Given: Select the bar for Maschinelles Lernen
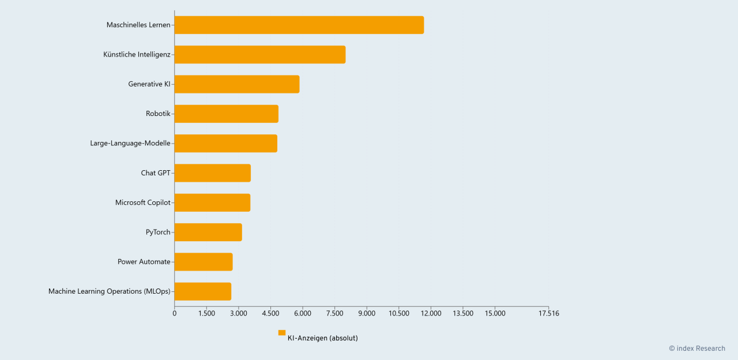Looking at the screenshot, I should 299,25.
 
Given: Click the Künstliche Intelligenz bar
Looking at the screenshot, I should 259,54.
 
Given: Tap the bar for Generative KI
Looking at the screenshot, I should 236,84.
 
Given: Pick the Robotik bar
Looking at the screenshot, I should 226,114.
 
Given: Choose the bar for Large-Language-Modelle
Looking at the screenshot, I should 225,143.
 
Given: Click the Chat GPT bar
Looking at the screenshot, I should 212,173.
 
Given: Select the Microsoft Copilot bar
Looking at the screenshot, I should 212,202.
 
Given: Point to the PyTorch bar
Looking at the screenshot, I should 208,232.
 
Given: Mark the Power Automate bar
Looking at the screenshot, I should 203,262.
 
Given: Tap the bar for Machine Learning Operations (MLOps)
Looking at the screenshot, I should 202,291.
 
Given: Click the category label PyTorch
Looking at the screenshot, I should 158,232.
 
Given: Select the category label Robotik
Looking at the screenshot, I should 158,114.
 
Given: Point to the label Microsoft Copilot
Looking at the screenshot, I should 142,202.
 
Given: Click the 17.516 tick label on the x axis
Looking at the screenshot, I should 548,313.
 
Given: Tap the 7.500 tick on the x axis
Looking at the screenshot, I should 334,313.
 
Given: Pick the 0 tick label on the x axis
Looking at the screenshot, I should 175,313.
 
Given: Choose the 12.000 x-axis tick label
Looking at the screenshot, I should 431,313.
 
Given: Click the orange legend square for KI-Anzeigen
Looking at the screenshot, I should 282,333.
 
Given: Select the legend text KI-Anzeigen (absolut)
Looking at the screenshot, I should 322,338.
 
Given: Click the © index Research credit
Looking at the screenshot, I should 696,348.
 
